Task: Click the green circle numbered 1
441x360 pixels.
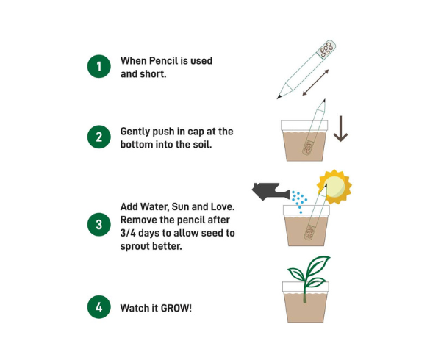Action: coord(99,66)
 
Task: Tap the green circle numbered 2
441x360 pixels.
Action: coord(99,137)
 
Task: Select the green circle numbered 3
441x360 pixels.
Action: coord(99,225)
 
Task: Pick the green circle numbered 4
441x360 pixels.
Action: coord(99,307)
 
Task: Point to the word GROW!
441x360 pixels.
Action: coord(176,308)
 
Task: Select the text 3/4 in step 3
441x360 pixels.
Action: coord(128,233)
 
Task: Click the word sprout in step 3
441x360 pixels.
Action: coord(135,246)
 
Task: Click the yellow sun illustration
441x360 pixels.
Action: coord(334,187)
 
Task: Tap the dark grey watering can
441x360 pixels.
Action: coord(270,192)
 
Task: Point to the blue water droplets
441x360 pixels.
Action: coord(299,201)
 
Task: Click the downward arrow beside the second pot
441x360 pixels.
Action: coord(340,129)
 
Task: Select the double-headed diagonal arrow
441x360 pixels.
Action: coord(315,82)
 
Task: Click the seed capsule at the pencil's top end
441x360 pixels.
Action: coord(327,49)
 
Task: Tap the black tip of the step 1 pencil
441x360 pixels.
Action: coord(279,97)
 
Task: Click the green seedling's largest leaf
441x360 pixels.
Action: coord(318,267)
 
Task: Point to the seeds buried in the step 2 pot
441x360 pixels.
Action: coord(308,148)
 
